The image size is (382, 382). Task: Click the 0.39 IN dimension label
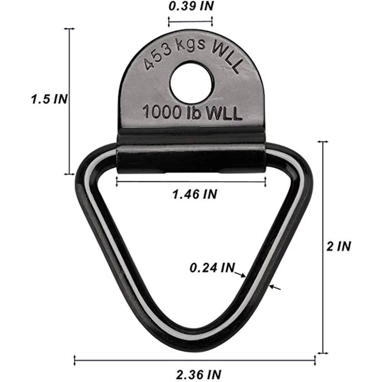(x=191, y=6)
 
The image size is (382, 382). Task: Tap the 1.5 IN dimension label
(x=49, y=99)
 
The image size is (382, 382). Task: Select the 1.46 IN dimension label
(x=195, y=194)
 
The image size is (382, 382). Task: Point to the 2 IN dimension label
(x=338, y=246)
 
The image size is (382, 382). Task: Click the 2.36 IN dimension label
(x=199, y=374)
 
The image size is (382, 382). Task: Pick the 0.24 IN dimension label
(x=212, y=268)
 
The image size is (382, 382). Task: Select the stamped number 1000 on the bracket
(x=162, y=112)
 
